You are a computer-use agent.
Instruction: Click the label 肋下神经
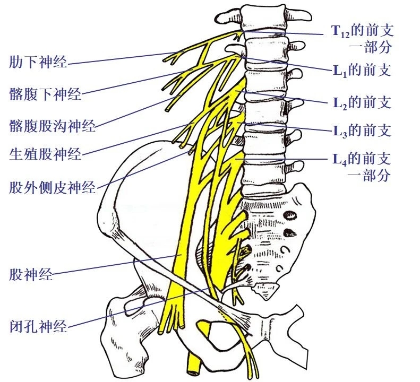coord(38,62)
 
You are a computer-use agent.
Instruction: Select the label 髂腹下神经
coord(45,94)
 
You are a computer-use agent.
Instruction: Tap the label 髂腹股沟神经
coord(52,126)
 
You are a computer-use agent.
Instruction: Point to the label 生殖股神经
coord(45,154)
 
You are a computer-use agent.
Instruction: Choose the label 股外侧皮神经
coord(52,187)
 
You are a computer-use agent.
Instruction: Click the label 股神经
coord(31,274)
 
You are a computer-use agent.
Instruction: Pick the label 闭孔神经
coord(38,325)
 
